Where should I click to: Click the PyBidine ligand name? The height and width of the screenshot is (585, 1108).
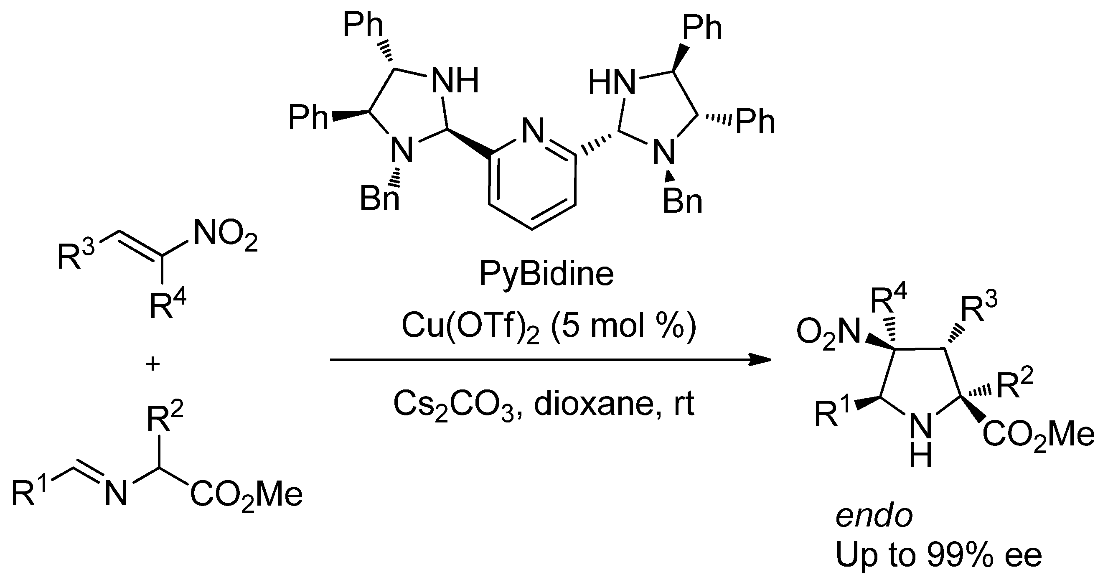546,275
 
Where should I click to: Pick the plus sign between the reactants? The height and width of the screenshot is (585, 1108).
152,364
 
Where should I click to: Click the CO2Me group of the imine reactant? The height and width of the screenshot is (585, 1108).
247,495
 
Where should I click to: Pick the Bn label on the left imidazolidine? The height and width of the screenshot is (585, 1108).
379,199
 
